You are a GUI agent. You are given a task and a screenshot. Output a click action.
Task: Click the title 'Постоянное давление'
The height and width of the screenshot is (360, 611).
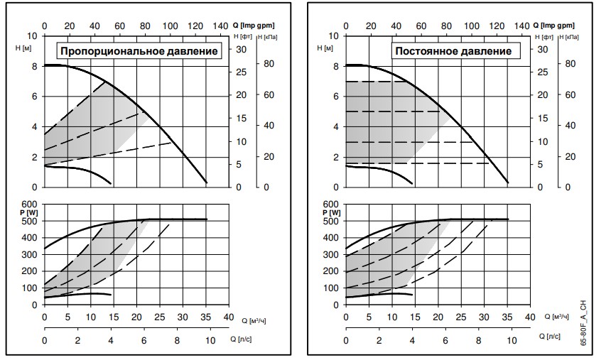[x=453, y=51]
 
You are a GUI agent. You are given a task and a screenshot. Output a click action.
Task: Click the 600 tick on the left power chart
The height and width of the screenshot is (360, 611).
[x=31, y=204]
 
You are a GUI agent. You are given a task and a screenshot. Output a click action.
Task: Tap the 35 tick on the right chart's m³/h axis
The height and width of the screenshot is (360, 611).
[x=507, y=317]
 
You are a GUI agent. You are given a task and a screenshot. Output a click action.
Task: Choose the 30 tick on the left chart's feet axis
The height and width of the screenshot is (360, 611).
[x=241, y=50]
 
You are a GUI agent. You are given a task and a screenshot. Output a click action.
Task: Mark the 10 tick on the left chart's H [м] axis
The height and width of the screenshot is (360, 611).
[x=32, y=36]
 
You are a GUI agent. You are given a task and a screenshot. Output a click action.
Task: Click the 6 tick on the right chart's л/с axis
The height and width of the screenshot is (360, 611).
[x=444, y=341]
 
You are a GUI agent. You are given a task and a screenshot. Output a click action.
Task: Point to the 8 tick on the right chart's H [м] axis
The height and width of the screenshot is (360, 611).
[x=336, y=66]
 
